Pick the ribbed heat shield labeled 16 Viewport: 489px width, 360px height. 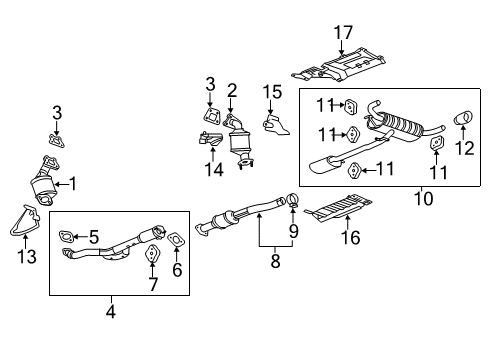pos(340,212)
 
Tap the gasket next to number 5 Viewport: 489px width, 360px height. pos(65,238)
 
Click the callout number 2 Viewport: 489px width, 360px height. pos(231,90)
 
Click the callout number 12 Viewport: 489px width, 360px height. pos(465,150)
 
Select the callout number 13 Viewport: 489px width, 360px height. pos(27,257)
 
